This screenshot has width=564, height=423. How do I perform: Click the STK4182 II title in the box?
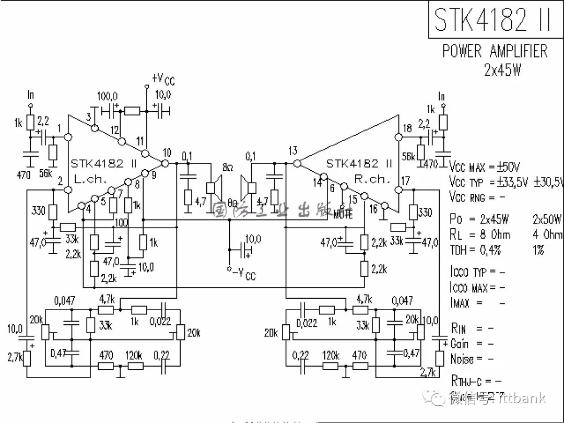(492, 19)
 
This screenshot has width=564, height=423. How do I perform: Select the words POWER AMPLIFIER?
(495, 51)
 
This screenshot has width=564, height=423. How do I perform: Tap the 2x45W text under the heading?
(502, 69)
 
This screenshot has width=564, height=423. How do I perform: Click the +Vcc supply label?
(163, 79)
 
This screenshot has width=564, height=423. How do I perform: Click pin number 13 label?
(292, 151)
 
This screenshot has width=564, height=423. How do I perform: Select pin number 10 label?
(167, 152)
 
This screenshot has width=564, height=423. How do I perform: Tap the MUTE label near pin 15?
(342, 214)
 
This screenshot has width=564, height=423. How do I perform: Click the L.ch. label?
(90, 179)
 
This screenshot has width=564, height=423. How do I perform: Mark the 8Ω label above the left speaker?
(227, 168)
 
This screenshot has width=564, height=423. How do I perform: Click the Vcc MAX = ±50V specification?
(484, 167)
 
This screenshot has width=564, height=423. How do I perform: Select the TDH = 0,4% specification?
(475, 250)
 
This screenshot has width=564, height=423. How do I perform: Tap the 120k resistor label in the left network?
(134, 355)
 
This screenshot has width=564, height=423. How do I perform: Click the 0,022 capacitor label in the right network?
(307, 323)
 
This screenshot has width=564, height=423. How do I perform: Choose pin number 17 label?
(405, 182)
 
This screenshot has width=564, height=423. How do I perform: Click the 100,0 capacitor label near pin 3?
(108, 97)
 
